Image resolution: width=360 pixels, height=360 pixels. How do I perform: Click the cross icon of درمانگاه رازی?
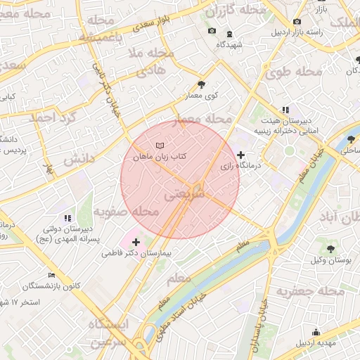click(241, 155)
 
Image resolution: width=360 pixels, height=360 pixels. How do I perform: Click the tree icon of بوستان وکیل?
click(330, 249)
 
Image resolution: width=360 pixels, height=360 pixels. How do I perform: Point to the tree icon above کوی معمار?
click(201, 84)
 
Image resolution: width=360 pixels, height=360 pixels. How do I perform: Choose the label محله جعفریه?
click(310, 291)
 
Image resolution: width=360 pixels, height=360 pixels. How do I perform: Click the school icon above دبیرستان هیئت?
click(285, 110)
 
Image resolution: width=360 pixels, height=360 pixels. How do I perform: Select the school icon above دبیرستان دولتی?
click(67, 219)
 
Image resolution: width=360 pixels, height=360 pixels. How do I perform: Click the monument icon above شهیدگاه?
click(229, 34)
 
